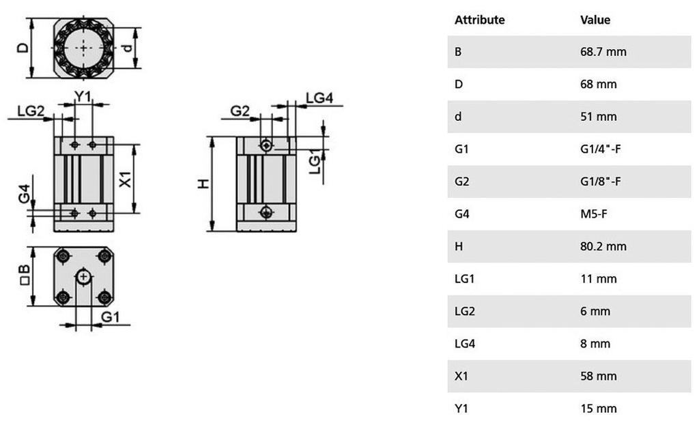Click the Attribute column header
pyautogui.click(x=479, y=20)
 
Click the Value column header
pyautogui.click(x=595, y=20)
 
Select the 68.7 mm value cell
pyautogui.click(x=603, y=52)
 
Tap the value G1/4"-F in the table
pyautogui.click(x=600, y=149)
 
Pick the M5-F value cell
pyautogui.click(x=593, y=214)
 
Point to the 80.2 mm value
pyautogui.click(x=603, y=246)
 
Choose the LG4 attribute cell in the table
pyautogui.click(x=464, y=344)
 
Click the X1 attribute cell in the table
pyautogui.click(x=461, y=376)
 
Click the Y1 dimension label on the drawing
pyautogui.click(x=83, y=96)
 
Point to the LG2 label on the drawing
pyautogui.click(x=31, y=111)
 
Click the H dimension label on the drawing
pyautogui.click(x=203, y=184)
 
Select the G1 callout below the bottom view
pyautogui.click(x=110, y=317)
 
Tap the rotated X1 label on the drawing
pyautogui.click(x=126, y=179)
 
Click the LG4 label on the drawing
pyautogui.click(x=319, y=98)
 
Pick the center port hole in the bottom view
pyautogui.click(x=83, y=277)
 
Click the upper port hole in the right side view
pyautogui.click(x=266, y=145)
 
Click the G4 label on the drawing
pyautogui.click(x=25, y=194)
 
